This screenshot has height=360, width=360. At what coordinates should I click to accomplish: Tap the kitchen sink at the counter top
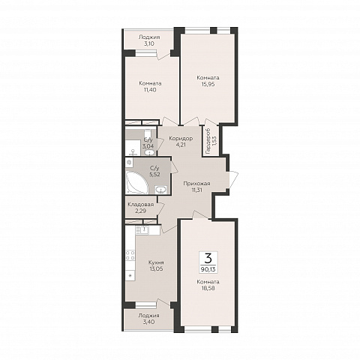[x=143, y=230]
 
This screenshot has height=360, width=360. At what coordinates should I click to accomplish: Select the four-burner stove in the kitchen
[x=130, y=256]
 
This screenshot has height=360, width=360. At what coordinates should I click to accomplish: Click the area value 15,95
[x=208, y=84]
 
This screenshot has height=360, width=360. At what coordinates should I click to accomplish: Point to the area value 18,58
[x=208, y=288]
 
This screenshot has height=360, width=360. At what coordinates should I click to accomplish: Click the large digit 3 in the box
[x=208, y=259]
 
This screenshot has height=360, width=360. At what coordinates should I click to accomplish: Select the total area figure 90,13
[x=208, y=269]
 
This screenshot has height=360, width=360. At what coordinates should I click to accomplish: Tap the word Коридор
[x=181, y=139]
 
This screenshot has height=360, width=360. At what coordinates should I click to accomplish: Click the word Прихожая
[x=196, y=184]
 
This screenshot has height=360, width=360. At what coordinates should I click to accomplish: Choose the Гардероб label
[x=208, y=140]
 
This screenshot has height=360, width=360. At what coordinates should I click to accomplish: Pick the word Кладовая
[x=141, y=205]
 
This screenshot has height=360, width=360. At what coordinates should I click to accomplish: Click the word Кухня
[x=156, y=262]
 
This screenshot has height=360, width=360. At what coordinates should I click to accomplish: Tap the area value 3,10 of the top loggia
[x=149, y=43]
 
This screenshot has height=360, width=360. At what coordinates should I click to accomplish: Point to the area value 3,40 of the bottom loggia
[x=149, y=322]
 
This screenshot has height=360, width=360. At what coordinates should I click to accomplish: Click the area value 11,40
[x=150, y=90]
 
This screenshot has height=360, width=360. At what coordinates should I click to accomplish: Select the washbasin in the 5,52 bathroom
[x=161, y=190]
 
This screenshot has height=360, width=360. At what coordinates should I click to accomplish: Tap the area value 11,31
[x=196, y=190]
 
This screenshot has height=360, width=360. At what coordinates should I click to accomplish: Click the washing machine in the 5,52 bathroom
[x=129, y=163]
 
